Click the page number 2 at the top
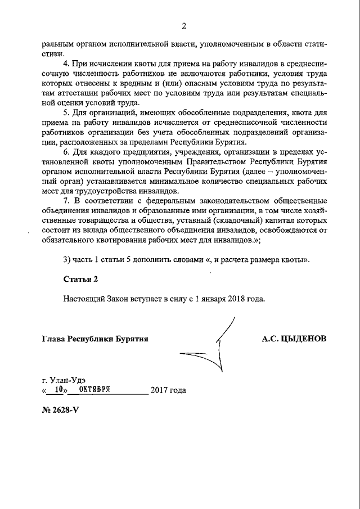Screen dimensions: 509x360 point(183,25)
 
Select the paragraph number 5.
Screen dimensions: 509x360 point(66,114)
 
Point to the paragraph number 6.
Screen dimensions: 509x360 point(66,152)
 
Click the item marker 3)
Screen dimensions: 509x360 point(67,259)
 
